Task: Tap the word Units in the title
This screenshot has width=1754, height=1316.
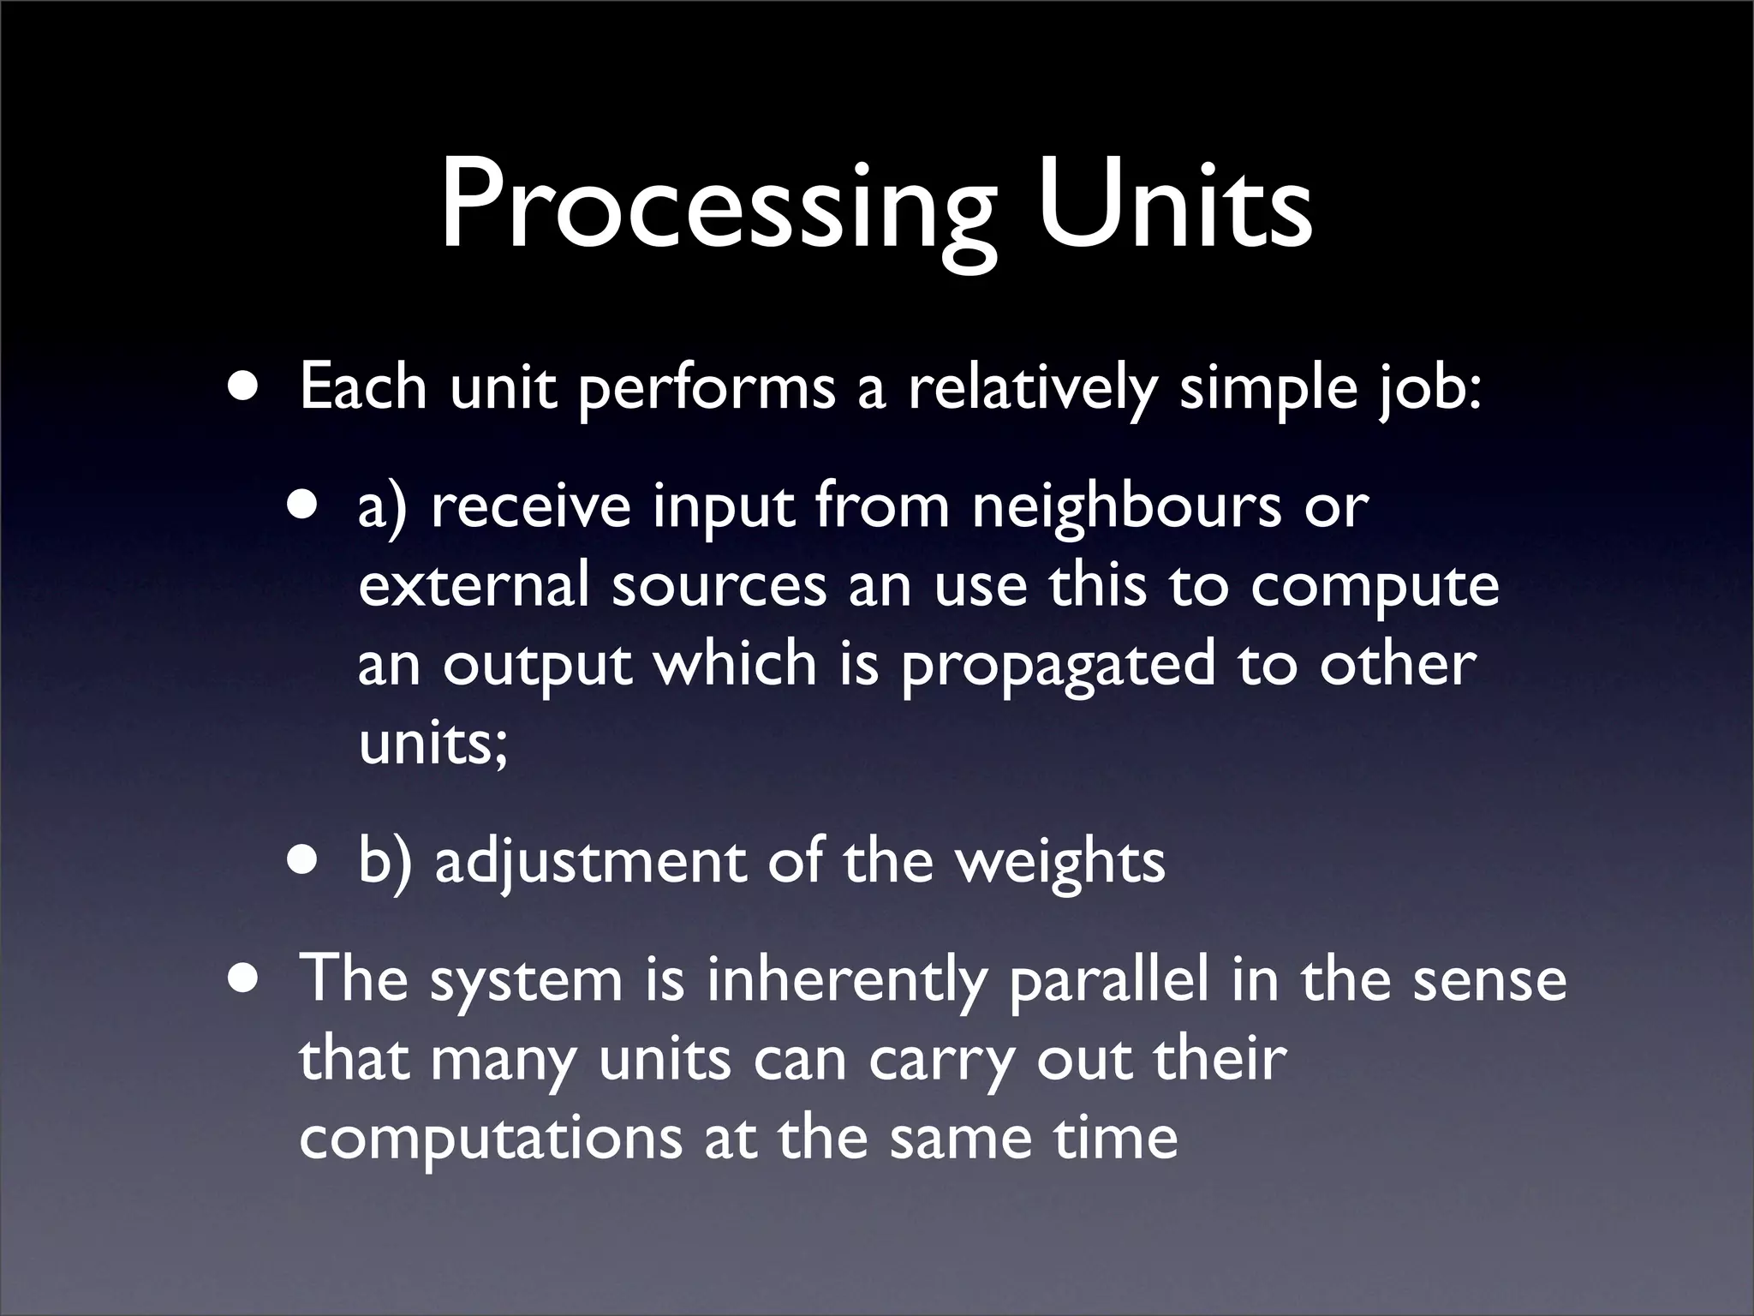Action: (x=1174, y=206)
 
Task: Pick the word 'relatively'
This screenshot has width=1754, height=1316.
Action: (x=1031, y=388)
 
